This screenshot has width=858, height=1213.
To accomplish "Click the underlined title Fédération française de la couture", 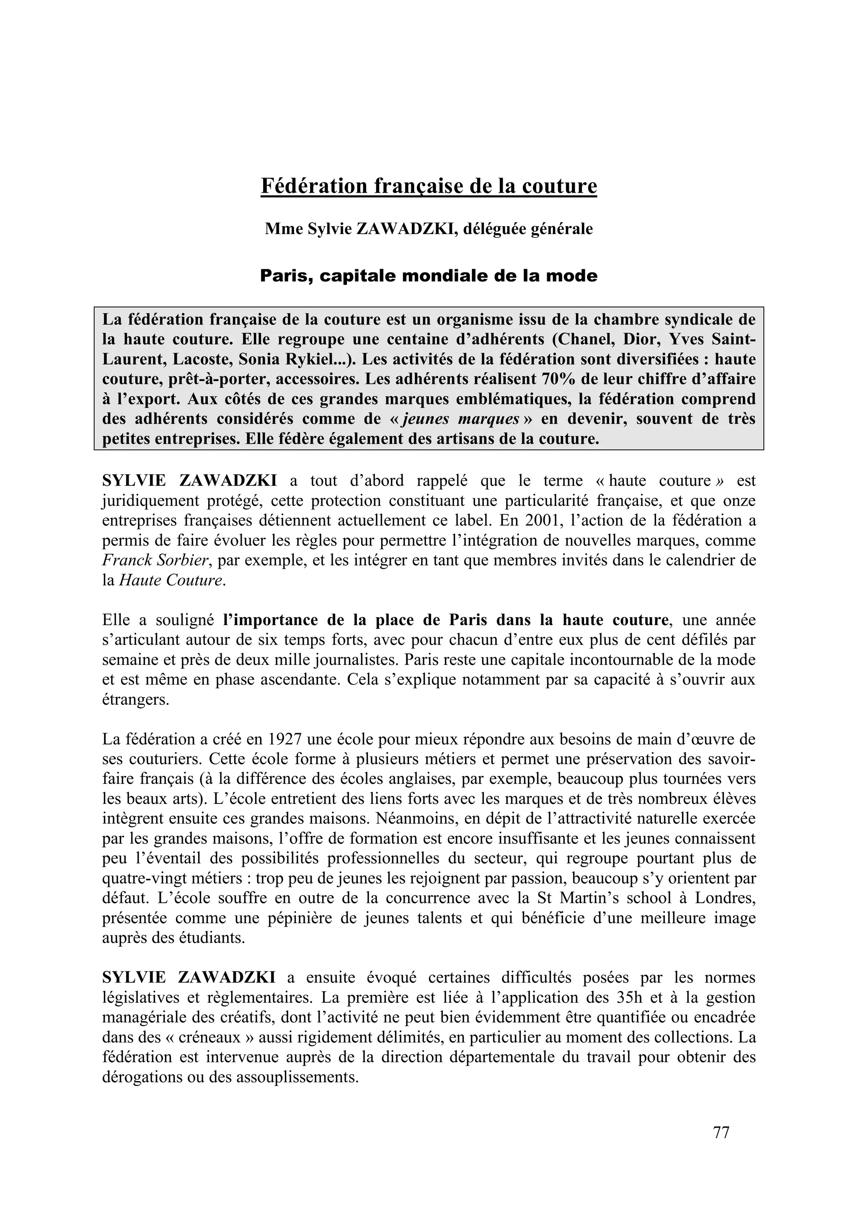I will coord(429,186).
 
